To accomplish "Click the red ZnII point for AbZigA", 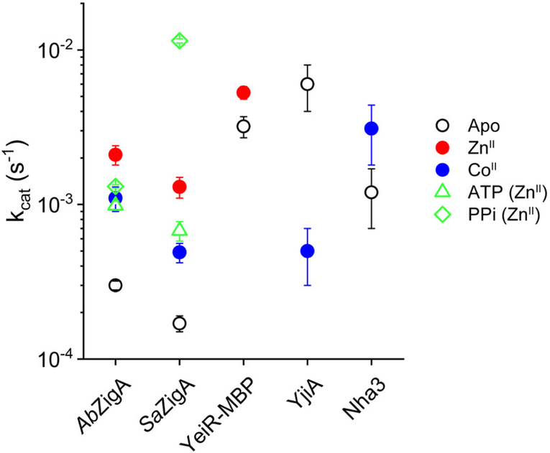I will pyautogui.click(x=115, y=154).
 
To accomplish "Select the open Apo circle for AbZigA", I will pyautogui.click(x=115, y=285).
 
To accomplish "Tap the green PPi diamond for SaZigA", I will pyautogui.click(x=180, y=41).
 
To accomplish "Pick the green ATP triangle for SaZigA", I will pyautogui.click(x=180, y=230).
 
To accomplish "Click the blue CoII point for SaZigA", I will pyautogui.click(x=180, y=252).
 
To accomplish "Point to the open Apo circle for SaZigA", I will pyautogui.click(x=180, y=323).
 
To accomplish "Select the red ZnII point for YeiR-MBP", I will pyautogui.click(x=244, y=92).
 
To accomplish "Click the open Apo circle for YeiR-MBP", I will pyautogui.click(x=244, y=126).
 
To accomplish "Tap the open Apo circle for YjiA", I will pyautogui.click(x=308, y=84).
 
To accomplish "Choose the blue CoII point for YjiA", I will pyautogui.click(x=308, y=251).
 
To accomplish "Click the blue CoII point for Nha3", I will pyautogui.click(x=372, y=129).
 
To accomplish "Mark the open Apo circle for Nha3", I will pyautogui.click(x=372, y=192).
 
